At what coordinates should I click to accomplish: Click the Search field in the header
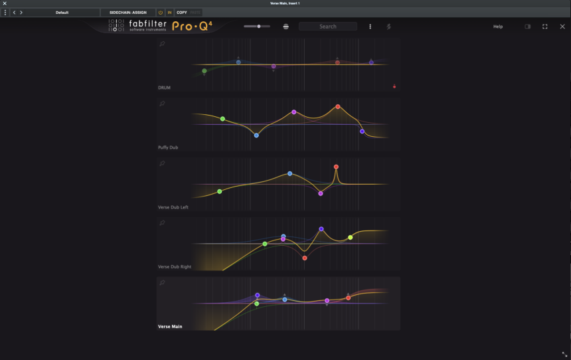tap(327, 27)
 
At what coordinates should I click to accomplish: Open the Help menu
tap(498, 27)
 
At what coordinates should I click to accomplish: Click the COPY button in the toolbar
tap(182, 13)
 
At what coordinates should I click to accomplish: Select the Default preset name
tap(62, 13)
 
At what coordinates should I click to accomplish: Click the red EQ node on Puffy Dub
tap(338, 106)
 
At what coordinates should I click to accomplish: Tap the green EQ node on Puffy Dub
tap(222, 119)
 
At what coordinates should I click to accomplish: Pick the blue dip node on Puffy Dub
tap(256, 135)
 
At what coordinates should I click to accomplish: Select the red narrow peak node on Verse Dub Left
tap(336, 167)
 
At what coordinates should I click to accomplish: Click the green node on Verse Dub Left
tap(220, 191)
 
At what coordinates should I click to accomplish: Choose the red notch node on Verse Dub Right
tap(305, 258)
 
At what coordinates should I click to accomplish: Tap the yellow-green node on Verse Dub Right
tap(351, 237)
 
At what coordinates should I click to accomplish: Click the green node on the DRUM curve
tap(204, 70)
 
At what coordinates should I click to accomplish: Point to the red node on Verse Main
tap(348, 298)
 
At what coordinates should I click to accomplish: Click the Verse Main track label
tap(170, 326)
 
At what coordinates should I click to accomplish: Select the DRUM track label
tap(165, 88)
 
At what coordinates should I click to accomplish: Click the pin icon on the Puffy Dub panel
tap(162, 104)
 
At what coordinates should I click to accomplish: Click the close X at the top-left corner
tap(5, 3)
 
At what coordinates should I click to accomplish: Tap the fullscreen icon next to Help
tap(545, 27)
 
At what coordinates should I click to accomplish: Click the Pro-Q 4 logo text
tap(192, 27)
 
